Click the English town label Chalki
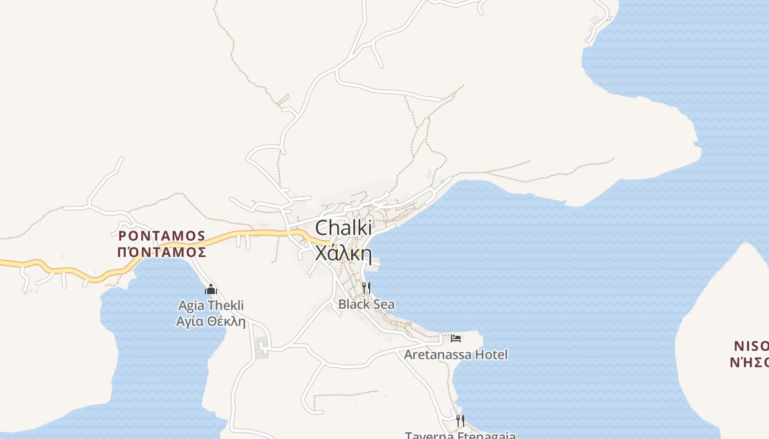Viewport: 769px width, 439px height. click(x=344, y=228)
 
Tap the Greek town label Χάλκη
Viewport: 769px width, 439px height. click(x=344, y=254)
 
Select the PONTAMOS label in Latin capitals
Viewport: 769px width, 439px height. click(x=162, y=236)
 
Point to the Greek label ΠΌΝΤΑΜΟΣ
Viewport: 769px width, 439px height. click(x=162, y=252)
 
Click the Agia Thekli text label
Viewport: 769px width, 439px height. click(x=211, y=306)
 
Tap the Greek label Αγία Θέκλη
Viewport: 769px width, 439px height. click(x=211, y=322)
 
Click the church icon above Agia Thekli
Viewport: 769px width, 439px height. click(x=211, y=289)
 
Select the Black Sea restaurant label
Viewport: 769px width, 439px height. click(x=366, y=304)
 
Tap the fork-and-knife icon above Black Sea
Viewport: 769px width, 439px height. click(x=366, y=288)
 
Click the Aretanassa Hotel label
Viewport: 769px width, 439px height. click(x=456, y=354)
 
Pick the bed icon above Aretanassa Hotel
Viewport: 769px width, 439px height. click(x=456, y=337)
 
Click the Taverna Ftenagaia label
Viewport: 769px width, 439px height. click(x=460, y=436)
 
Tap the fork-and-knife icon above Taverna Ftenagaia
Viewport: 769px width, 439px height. click(x=460, y=421)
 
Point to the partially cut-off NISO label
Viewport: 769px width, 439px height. click(x=751, y=346)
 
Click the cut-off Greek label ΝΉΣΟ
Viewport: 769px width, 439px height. click(x=749, y=362)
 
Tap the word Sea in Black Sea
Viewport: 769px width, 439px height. click(x=383, y=304)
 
